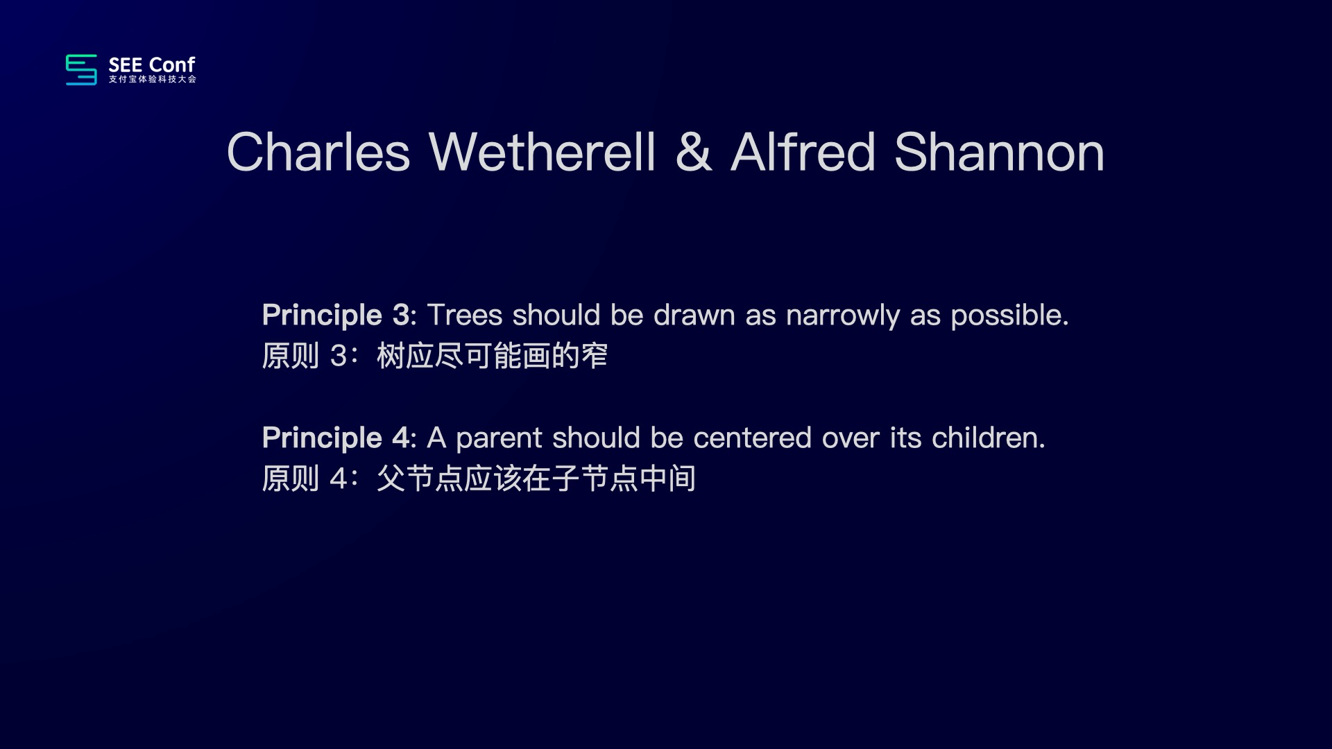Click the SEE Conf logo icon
tap(81, 69)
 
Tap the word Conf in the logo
tap(172, 64)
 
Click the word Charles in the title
tap(318, 152)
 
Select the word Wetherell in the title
tap(542, 152)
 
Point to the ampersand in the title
tap(694, 152)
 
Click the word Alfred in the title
tap(803, 152)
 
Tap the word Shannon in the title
tap(1000, 152)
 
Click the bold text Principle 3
tap(336, 316)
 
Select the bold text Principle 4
tap(336, 439)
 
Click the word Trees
tap(465, 316)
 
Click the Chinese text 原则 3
tap(305, 356)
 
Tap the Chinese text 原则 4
tap(305, 479)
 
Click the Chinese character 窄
tap(595, 356)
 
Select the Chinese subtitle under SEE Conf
tap(153, 80)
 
